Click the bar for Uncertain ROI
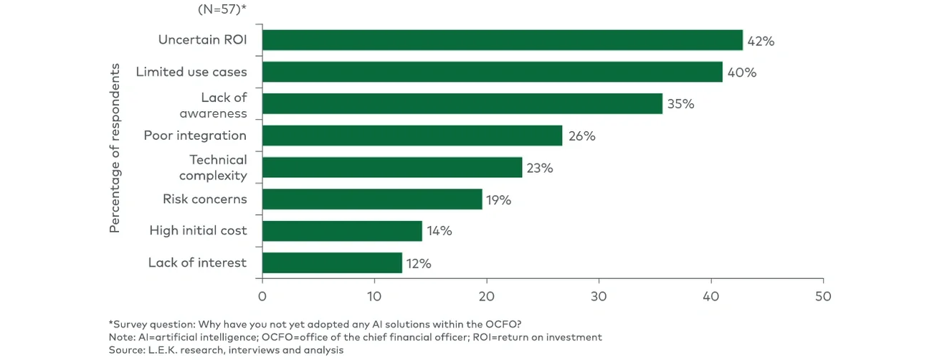point(502,41)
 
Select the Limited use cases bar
point(492,72)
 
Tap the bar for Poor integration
point(412,136)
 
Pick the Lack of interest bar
point(332,263)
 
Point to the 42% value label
point(761,41)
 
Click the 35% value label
point(680,104)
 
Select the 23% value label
point(539,168)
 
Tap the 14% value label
point(439,231)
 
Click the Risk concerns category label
point(204,199)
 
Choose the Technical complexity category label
point(213,167)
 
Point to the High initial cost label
point(198,230)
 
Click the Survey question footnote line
point(320,324)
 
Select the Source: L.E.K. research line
point(226,351)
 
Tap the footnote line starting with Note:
point(355,337)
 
